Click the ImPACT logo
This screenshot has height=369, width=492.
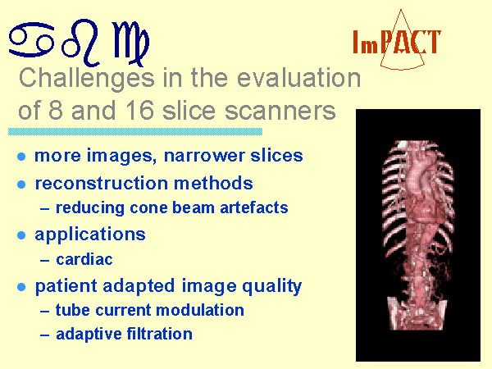pos(397,40)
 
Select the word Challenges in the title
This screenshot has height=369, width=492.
pos(87,79)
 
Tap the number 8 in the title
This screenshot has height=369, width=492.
pos(56,111)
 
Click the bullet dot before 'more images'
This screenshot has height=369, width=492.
pos(21,157)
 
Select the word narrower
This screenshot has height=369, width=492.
pos(204,156)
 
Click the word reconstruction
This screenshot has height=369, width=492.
pos(102,183)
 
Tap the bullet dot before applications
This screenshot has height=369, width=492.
pos(21,235)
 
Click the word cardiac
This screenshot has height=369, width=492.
pos(84,259)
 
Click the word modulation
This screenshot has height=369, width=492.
pos(200,310)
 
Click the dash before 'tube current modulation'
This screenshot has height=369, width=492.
pos(44,312)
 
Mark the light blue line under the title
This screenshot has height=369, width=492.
pos(135,131)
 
